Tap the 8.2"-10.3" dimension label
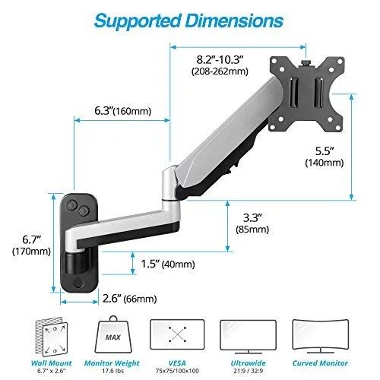220,60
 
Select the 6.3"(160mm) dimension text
123,111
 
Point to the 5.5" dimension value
325,151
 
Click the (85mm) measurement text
252,230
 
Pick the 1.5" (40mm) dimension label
168,264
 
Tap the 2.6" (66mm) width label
129,299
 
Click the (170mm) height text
31,252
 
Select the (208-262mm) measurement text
220,71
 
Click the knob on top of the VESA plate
306,62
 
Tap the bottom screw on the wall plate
79,283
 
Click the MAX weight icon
113,334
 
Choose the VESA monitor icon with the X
177,334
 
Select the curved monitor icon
321,336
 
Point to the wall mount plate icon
52,337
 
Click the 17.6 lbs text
112,371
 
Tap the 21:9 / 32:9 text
249,371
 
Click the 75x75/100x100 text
177,371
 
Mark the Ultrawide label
249,363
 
